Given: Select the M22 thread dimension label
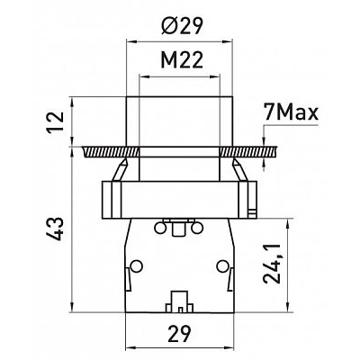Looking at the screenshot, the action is tap(182, 59).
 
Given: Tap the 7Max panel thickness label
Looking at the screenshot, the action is tap(291, 112).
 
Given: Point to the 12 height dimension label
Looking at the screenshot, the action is tap(56, 121).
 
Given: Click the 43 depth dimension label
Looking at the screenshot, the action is tap(56, 229).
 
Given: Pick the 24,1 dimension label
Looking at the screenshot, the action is tap(272, 264).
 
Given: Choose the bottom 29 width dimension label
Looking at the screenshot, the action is tap(179, 334).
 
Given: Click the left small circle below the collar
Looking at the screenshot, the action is tap(160, 229).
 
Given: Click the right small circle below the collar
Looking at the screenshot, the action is tap(196, 229).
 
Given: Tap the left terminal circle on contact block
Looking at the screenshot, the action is tap(137, 265).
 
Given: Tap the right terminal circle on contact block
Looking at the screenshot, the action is tap(222, 265).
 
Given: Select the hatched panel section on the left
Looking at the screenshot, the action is tap(110, 152).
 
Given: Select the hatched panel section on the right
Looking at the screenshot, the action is tap(248, 152).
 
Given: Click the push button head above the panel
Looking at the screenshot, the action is tap(179, 121).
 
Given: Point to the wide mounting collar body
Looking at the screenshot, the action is tap(179, 200).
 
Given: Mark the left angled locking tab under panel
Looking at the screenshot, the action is tap(120, 170).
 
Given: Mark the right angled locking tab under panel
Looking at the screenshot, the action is tap(240, 170).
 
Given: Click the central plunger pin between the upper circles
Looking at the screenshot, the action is tap(178, 229).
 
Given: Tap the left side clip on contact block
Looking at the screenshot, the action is tap(128, 279).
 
